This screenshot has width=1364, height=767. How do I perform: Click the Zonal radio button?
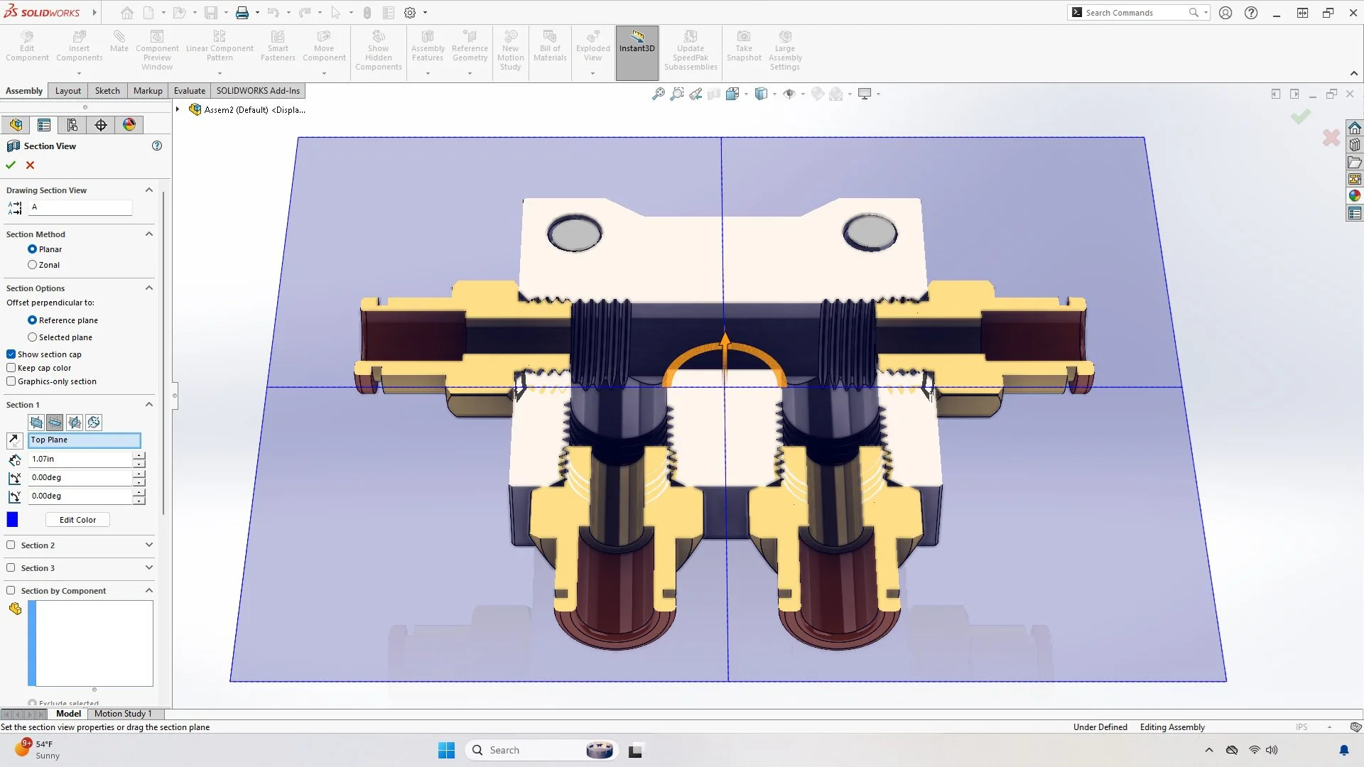coord(33,265)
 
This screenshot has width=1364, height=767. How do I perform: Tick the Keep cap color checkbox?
coord(11,368)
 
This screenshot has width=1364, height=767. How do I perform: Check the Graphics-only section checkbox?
coord(11,381)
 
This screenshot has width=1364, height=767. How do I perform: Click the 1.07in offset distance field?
coord(80,459)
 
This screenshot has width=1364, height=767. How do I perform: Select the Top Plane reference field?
coord(85,440)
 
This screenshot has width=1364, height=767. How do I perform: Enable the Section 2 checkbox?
coord(11,545)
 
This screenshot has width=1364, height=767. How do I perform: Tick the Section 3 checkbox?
coord(11,568)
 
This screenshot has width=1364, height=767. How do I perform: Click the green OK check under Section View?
coord(11,165)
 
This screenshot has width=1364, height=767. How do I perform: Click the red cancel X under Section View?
coord(30,165)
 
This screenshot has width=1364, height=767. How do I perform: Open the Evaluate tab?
coord(190,91)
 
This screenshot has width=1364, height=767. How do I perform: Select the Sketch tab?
coord(107,91)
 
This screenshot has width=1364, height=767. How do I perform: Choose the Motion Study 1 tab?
coord(123,714)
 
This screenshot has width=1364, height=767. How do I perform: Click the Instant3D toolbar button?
coord(637,48)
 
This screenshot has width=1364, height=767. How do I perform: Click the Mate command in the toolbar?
coord(119,43)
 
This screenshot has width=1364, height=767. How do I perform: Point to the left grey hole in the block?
coord(575,233)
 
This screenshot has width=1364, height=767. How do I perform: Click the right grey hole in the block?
coord(870,233)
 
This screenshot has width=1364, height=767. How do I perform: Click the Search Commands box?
coord(1134,13)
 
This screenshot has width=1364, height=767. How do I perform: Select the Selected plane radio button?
coord(33,337)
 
